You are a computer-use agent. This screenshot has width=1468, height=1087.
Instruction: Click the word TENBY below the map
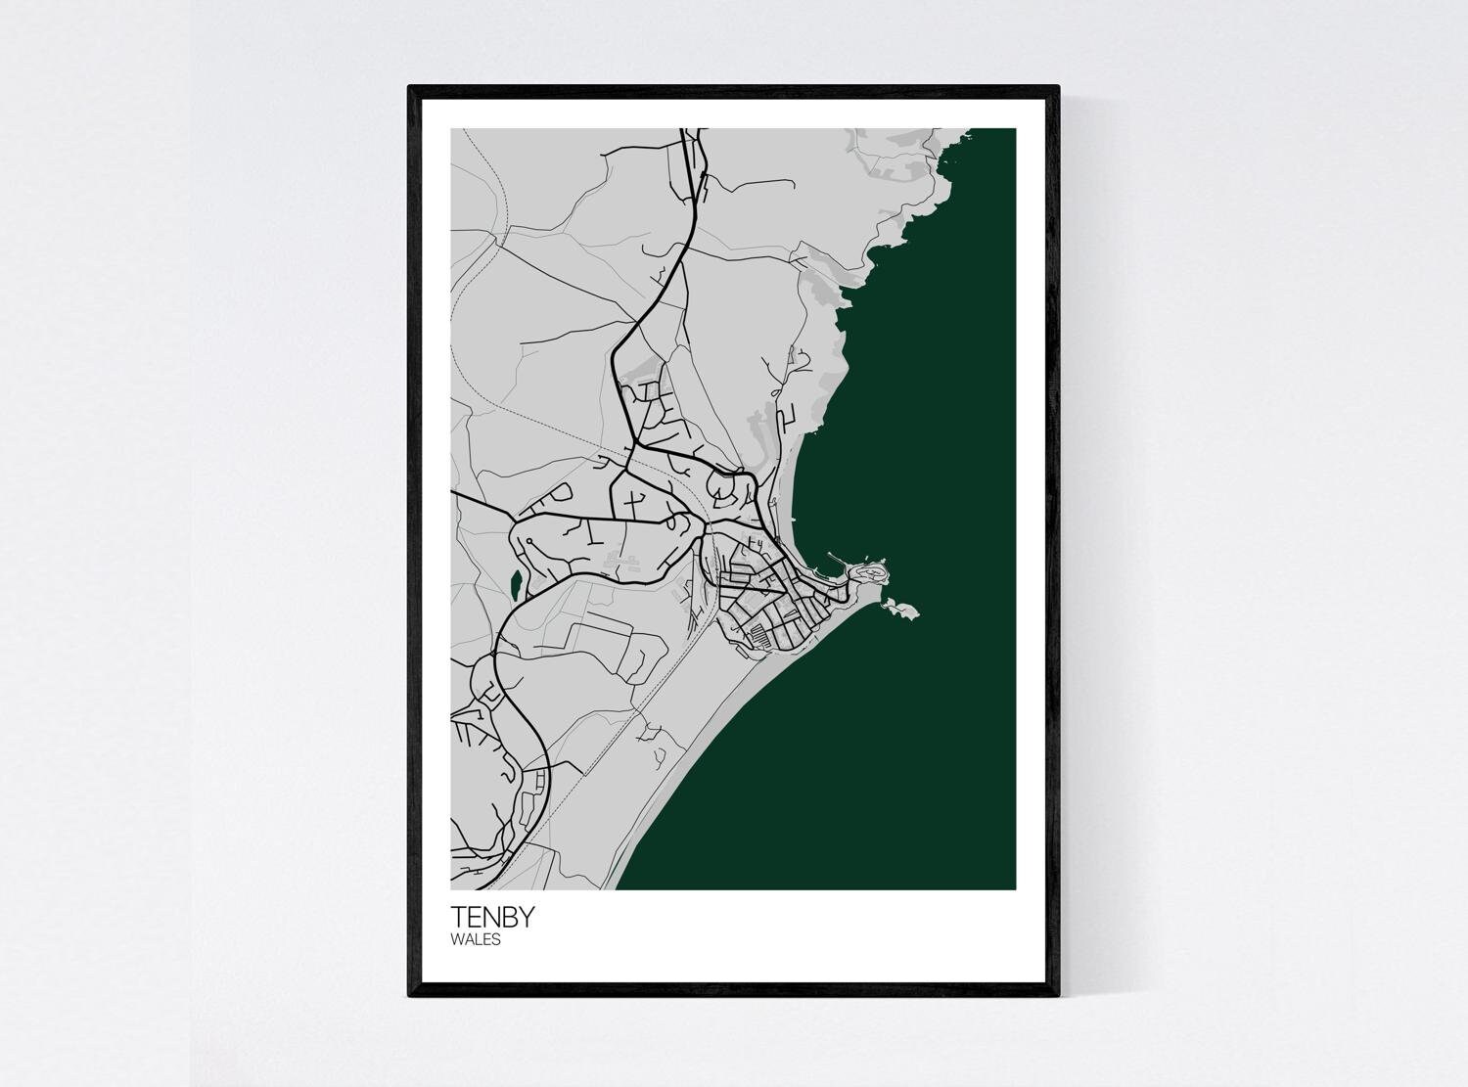(x=492, y=917)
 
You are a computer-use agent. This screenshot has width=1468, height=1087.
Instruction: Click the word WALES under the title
(x=476, y=940)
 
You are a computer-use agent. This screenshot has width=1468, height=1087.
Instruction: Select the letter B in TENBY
(x=509, y=917)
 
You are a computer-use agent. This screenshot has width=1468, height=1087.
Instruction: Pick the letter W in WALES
(x=457, y=940)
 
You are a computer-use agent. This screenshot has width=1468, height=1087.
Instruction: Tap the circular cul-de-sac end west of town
(x=528, y=540)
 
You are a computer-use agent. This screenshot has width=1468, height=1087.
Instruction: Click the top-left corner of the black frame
(x=410, y=88)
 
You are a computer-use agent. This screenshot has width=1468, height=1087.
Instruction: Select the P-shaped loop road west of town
(x=562, y=491)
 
